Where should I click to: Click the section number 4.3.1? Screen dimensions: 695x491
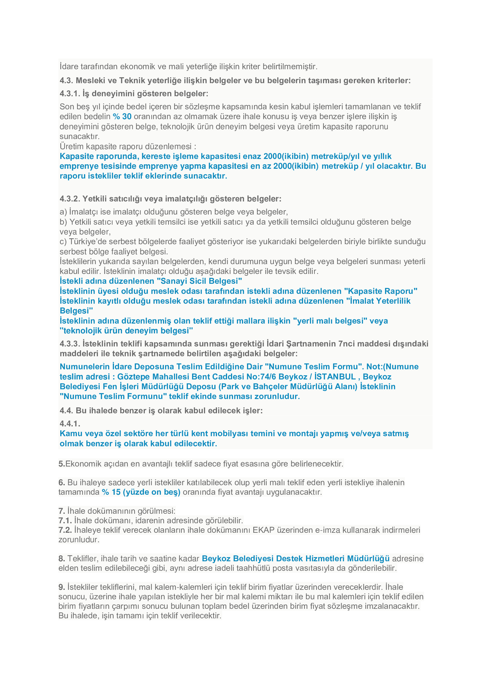tap(69, 94)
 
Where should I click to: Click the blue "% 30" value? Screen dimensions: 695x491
tap(122, 116)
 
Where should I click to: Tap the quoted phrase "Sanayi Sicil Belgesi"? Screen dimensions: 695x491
tap(199, 281)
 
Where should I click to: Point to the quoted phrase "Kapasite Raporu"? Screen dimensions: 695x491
tap(381, 291)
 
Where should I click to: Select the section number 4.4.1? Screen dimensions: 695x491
tap(70, 423)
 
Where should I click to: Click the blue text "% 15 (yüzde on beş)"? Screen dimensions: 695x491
tap(141, 492)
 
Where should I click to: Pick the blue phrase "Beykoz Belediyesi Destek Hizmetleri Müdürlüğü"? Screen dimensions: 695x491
tap(295, 559)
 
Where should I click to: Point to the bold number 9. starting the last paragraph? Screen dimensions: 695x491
tap(62, 587)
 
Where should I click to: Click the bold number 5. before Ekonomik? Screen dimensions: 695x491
tap(62, 464)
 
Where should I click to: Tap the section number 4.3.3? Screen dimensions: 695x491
tap(69, 343)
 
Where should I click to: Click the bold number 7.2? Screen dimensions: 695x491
tap(65, 530)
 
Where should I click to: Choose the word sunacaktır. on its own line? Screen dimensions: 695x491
tap(80, 136)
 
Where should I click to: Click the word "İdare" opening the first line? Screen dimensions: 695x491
tap(69, 66)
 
